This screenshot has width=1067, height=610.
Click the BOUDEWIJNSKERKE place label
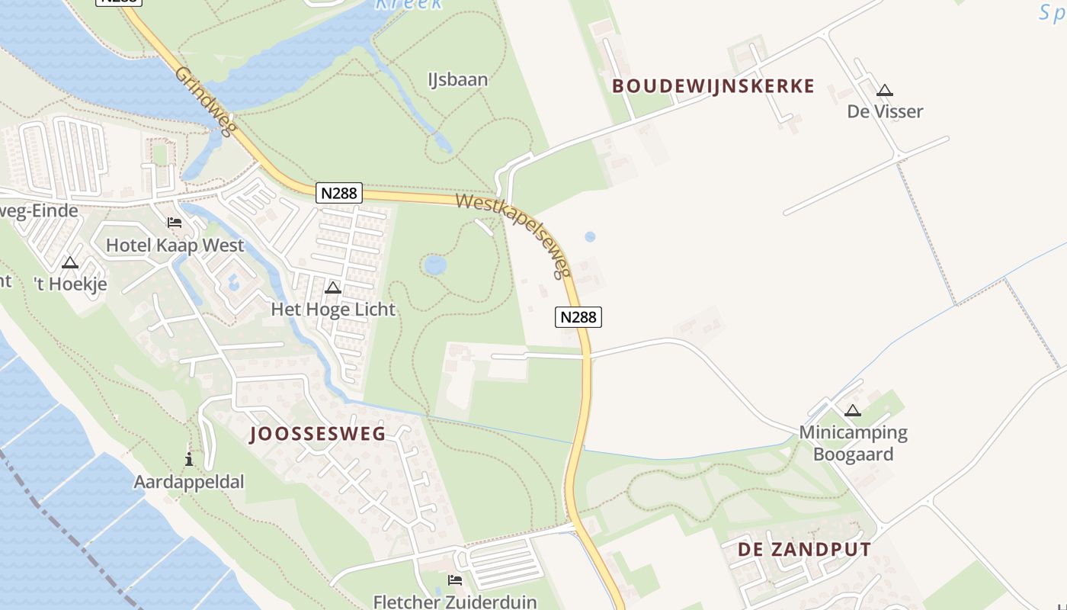click(x=713, y=86)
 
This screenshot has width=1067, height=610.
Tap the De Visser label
click(x=885, y=111)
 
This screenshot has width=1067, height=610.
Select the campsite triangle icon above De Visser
click(x=884, y=91)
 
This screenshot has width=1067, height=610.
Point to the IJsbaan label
click(x=457, y=79)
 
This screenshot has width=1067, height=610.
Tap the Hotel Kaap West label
click(x=175, y=245)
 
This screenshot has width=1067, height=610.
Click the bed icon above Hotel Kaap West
click(x=175, y=223)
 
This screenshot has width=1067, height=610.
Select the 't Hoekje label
click(x=70, y=284)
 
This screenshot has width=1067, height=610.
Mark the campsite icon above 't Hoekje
click(x=70, y=263)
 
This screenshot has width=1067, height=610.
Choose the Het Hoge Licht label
click(x=333, y=309)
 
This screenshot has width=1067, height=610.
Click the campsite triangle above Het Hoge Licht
click(x=333, y=288)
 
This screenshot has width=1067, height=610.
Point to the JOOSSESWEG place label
click(x=318, y=435)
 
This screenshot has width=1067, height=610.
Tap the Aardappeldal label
click(x=189, y=481)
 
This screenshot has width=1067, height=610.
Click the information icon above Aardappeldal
click(x=189, y=459)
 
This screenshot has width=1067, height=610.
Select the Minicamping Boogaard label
click(x=853, y=443)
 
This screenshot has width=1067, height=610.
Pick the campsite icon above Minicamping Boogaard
click(x=853, y=411)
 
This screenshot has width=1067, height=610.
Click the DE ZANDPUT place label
click(x=804, y=550)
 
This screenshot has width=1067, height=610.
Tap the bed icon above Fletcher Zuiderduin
click(x=455, y=580)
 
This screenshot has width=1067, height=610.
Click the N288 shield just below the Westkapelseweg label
click(x=578, y=316)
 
